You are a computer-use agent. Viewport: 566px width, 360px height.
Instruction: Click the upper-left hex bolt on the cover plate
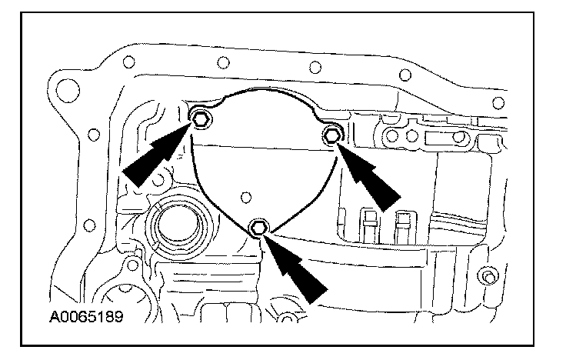pos(198,118)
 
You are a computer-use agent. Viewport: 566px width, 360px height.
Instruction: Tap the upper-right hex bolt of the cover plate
pos(331,136)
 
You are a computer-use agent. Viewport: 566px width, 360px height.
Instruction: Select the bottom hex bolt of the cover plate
pos(259,227)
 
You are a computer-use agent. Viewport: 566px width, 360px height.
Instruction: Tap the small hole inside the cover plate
pos(245,197)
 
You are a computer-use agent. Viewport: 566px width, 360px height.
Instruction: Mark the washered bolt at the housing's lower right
pos(485,275)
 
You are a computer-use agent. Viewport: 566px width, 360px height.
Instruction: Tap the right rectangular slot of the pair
pos(401,224)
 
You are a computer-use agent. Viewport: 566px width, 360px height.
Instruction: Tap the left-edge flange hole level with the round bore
pos(89,225)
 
